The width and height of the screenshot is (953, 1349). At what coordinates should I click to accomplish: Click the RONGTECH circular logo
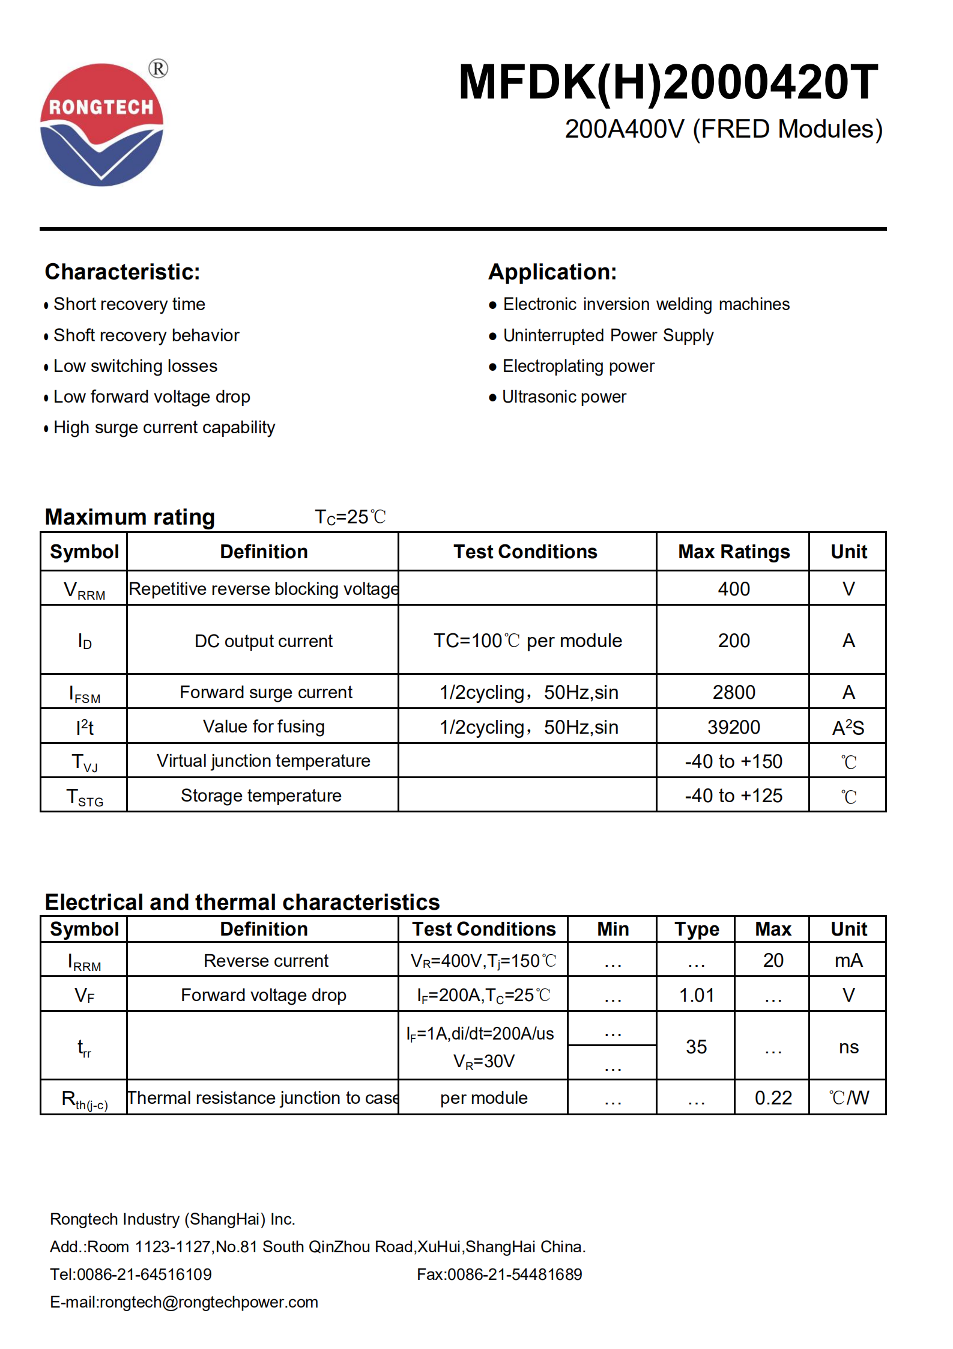tap(101, 125)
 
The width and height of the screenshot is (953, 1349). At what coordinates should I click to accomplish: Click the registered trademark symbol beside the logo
tap(159, 69)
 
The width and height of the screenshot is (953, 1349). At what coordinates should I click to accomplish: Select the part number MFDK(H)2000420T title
tap(668, 82)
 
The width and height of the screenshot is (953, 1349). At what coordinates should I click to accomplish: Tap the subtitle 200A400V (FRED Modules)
tap(723, 129)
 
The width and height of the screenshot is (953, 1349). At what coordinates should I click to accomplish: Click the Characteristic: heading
tap(123, 272)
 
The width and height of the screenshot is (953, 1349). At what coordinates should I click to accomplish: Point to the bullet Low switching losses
tap(135, 366)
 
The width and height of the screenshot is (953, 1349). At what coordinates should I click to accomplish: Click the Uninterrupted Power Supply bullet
tap(608, 335)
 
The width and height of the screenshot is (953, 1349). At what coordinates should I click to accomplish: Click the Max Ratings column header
tap(733, 552)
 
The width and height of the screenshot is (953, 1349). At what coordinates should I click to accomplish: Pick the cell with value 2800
tap(733, 692)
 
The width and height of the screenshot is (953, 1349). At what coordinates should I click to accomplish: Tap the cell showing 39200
tap(733, 727)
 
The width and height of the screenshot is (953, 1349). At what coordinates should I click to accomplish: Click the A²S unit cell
tap(847, 728)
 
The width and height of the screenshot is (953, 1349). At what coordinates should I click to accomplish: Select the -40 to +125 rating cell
tap(733, 796)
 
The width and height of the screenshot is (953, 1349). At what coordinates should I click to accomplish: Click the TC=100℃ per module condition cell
tap(527, 641)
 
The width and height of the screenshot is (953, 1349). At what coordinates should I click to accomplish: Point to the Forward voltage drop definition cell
tap(263, 995)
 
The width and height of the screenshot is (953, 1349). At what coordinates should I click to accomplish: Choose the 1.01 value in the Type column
tap(696, 995)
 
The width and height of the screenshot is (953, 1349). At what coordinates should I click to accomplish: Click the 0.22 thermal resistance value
tap(773, 1098)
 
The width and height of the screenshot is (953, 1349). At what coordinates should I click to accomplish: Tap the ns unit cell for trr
tap(848, 1047)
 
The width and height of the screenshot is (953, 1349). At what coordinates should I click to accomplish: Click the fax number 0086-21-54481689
tap(515, 1274)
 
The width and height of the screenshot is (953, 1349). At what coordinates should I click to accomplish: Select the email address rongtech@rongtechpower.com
tap(208, 1302)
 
